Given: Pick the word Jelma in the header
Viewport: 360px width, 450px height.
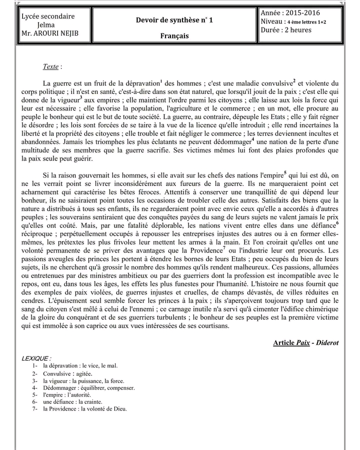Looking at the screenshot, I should (46, 24).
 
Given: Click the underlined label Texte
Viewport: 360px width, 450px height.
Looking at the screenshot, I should (50, 66).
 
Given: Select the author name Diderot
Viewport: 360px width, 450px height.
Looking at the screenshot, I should (326, 343).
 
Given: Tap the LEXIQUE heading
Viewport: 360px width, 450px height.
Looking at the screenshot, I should (36, 358).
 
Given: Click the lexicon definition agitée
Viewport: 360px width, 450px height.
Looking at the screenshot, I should (83, 373).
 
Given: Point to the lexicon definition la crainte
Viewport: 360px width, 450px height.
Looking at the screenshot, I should (89, 401).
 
